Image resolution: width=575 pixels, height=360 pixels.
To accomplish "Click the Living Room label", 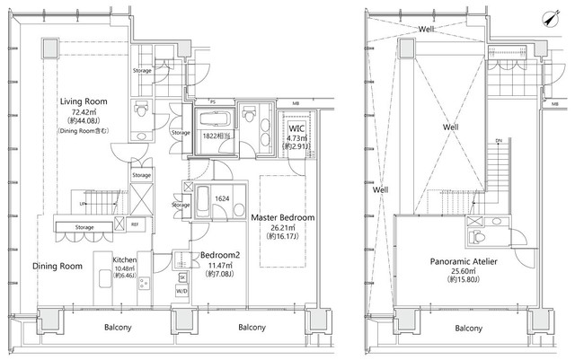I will pyautogui.click(x=84, y=101).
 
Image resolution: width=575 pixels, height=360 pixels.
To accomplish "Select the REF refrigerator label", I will pyautogui.click(x=134, y=225).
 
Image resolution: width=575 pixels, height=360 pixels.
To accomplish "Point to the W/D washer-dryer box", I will pyautogui.click(x=181, y=291).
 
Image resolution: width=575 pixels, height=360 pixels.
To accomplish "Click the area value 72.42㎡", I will pyautogui.click(x=84, y=111).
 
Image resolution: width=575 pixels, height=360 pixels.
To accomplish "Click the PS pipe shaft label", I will pyautogui.click(x=213, y=103).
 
